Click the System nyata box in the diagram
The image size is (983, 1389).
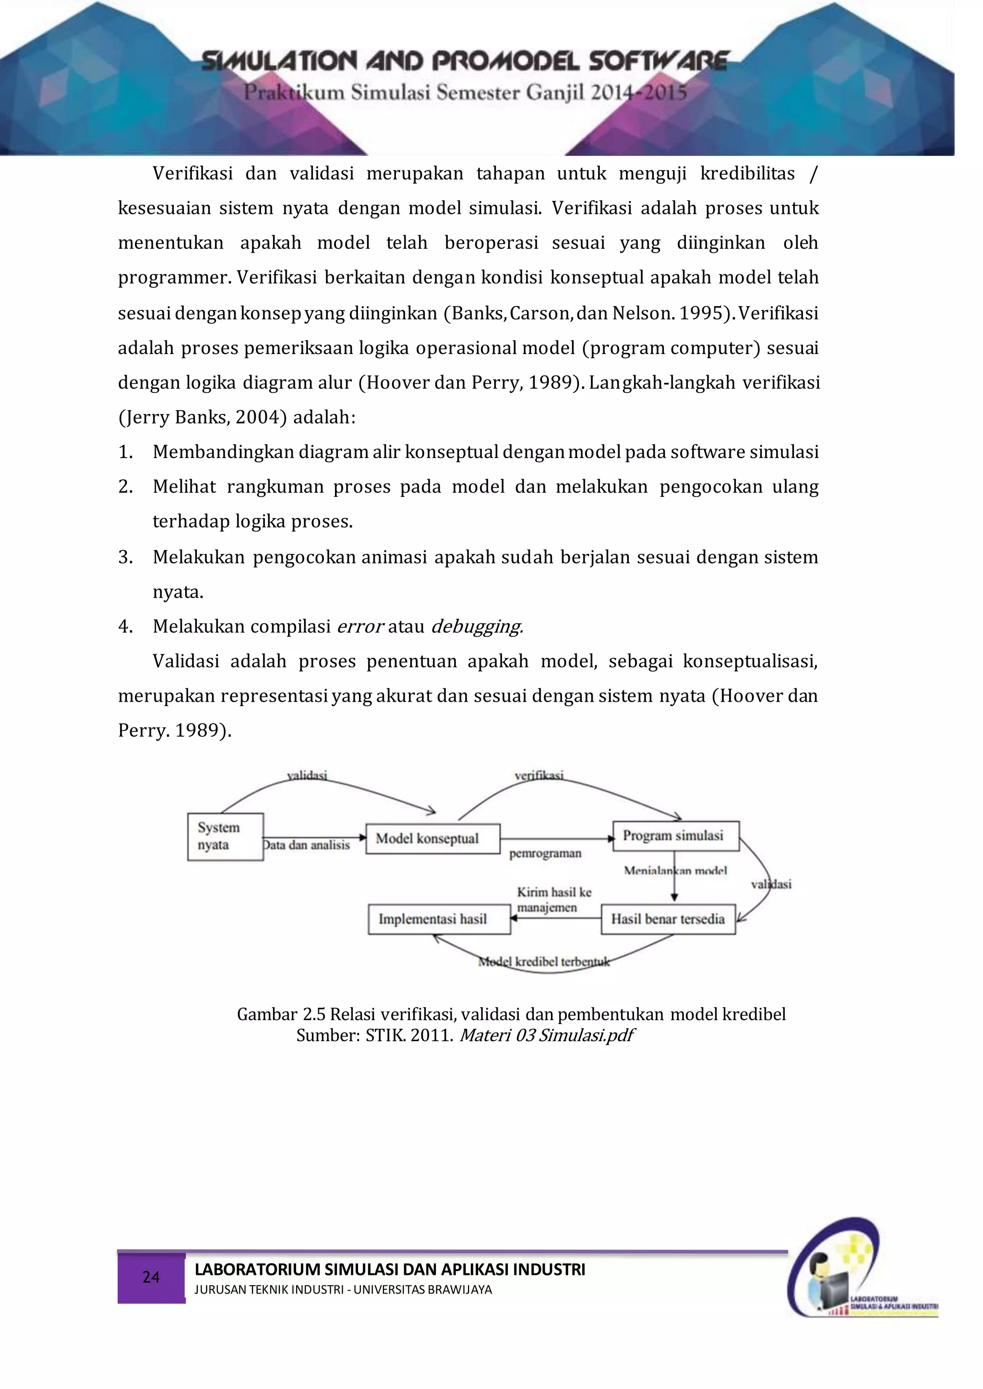click(225, 836)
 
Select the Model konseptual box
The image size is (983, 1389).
click(432, 838)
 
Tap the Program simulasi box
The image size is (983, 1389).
click(675, 836)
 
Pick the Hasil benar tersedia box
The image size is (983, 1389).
click(668, 919)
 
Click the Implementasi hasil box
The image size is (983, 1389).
click(439, 919)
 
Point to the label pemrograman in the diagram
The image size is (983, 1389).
click(545, 853)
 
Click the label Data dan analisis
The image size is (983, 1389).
click(307, 845)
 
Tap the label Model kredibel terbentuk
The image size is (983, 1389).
click(543, 961)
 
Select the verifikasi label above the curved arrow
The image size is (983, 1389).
click(539, 775)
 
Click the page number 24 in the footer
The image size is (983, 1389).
click(151, 1277)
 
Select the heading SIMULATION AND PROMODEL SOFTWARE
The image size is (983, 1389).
click(465, 61)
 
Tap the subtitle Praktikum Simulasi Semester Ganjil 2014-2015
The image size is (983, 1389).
click(465, 93)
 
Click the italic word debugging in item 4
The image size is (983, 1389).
click(477, 626)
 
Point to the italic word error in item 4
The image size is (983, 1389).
click(360, 626)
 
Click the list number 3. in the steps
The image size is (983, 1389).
click(125, 556)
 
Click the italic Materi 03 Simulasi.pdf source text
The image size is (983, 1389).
click(546, 1035)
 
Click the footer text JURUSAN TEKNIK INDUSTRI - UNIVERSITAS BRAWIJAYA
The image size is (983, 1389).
click(343, 1289)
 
